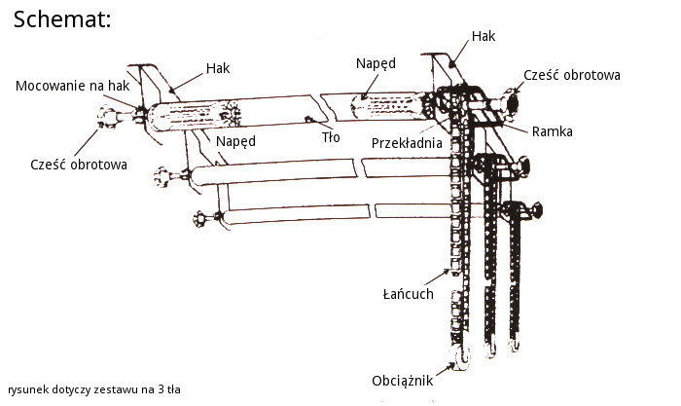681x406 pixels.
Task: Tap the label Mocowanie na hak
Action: tap(73, 87)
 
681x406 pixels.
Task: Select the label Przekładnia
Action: tap(408, 142)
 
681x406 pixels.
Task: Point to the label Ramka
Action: tap(552, 129)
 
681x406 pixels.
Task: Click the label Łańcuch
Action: tap(408, 292)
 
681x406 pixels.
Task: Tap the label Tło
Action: tap(331, 137)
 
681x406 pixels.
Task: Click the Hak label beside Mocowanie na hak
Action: tap(218, 69)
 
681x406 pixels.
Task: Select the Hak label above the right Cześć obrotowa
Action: tap(484, 36)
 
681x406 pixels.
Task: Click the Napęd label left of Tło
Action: tap(235, 141)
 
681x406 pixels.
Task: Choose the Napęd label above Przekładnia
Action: tap(376, 63)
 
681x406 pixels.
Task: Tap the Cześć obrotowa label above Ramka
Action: tap(572, 74)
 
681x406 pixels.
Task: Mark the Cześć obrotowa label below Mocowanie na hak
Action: tap(79, 165)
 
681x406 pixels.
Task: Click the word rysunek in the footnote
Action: tap(26, 388)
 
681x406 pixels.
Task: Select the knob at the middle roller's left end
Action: tap(160, 176)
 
